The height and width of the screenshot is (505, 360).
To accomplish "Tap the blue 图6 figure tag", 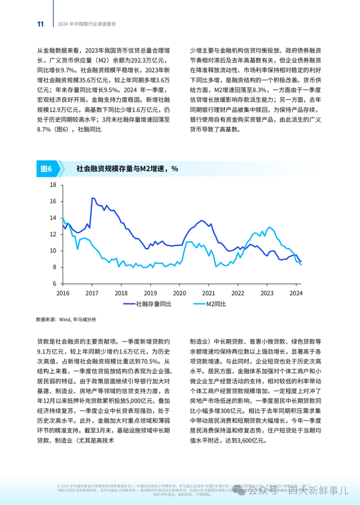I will pyautogui.click(x=46, y=169).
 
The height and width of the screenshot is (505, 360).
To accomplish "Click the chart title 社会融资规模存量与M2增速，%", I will pyautogui.click(x=127, y=169).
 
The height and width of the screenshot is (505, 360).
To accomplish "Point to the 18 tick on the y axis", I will pyautogui.click(x=52, y=185).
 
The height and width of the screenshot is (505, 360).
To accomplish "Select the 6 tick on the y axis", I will pyautogui.click(x=54, y=283).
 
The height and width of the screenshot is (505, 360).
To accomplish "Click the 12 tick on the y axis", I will pyautogui.click(x=52, y=235).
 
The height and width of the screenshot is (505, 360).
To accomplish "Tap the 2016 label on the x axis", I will pyautogui.click(x=62, y=293).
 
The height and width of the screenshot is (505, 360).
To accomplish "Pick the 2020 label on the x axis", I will pyautogui.click(x=179, y=293).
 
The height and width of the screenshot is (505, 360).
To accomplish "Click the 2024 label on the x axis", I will pyautogui.click(x=296, y=293).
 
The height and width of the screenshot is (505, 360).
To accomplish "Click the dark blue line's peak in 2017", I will pyautogui.click(x=93, y=198).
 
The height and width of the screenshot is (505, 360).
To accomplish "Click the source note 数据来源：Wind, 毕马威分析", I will pyautogui.click(x=66, y=319).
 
